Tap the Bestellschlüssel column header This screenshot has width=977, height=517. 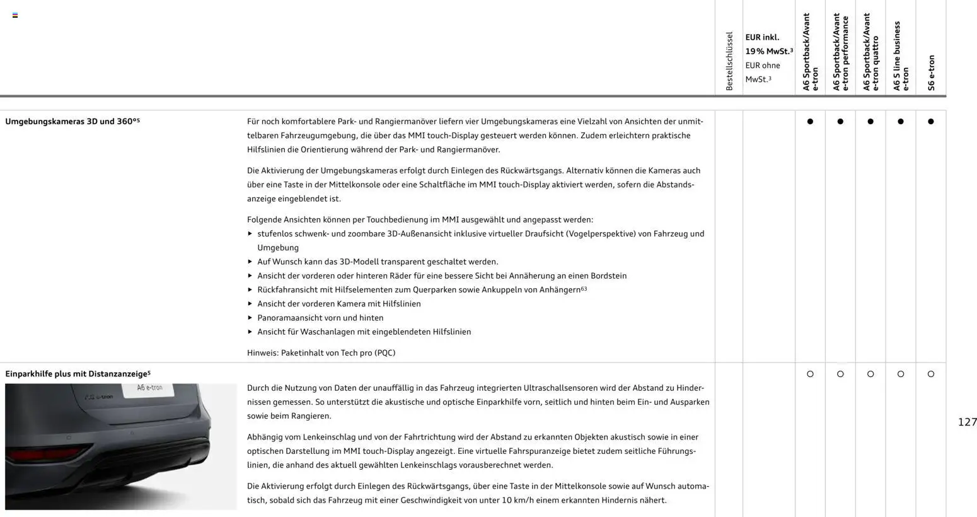point(729,61)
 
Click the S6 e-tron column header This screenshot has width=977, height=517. point(931,73)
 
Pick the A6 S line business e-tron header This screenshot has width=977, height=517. point(901,57)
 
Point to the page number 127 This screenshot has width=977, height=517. point(967,422)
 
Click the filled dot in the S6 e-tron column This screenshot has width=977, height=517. point(931,122)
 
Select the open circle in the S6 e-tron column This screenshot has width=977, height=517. point(931,374)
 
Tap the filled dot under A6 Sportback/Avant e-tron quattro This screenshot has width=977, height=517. point(870,122)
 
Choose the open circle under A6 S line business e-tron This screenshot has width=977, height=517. point(901,374)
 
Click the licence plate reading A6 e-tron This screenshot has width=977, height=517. point(150,388)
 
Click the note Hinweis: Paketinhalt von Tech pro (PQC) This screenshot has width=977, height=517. point(321,353)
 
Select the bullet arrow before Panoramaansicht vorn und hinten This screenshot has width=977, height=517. point(250,318)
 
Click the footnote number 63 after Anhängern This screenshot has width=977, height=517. point(584,288)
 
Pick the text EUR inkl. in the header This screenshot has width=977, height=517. point(762,37)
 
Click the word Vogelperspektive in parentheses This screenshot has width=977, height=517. point(598,234)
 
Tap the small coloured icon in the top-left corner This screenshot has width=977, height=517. point(15,15)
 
